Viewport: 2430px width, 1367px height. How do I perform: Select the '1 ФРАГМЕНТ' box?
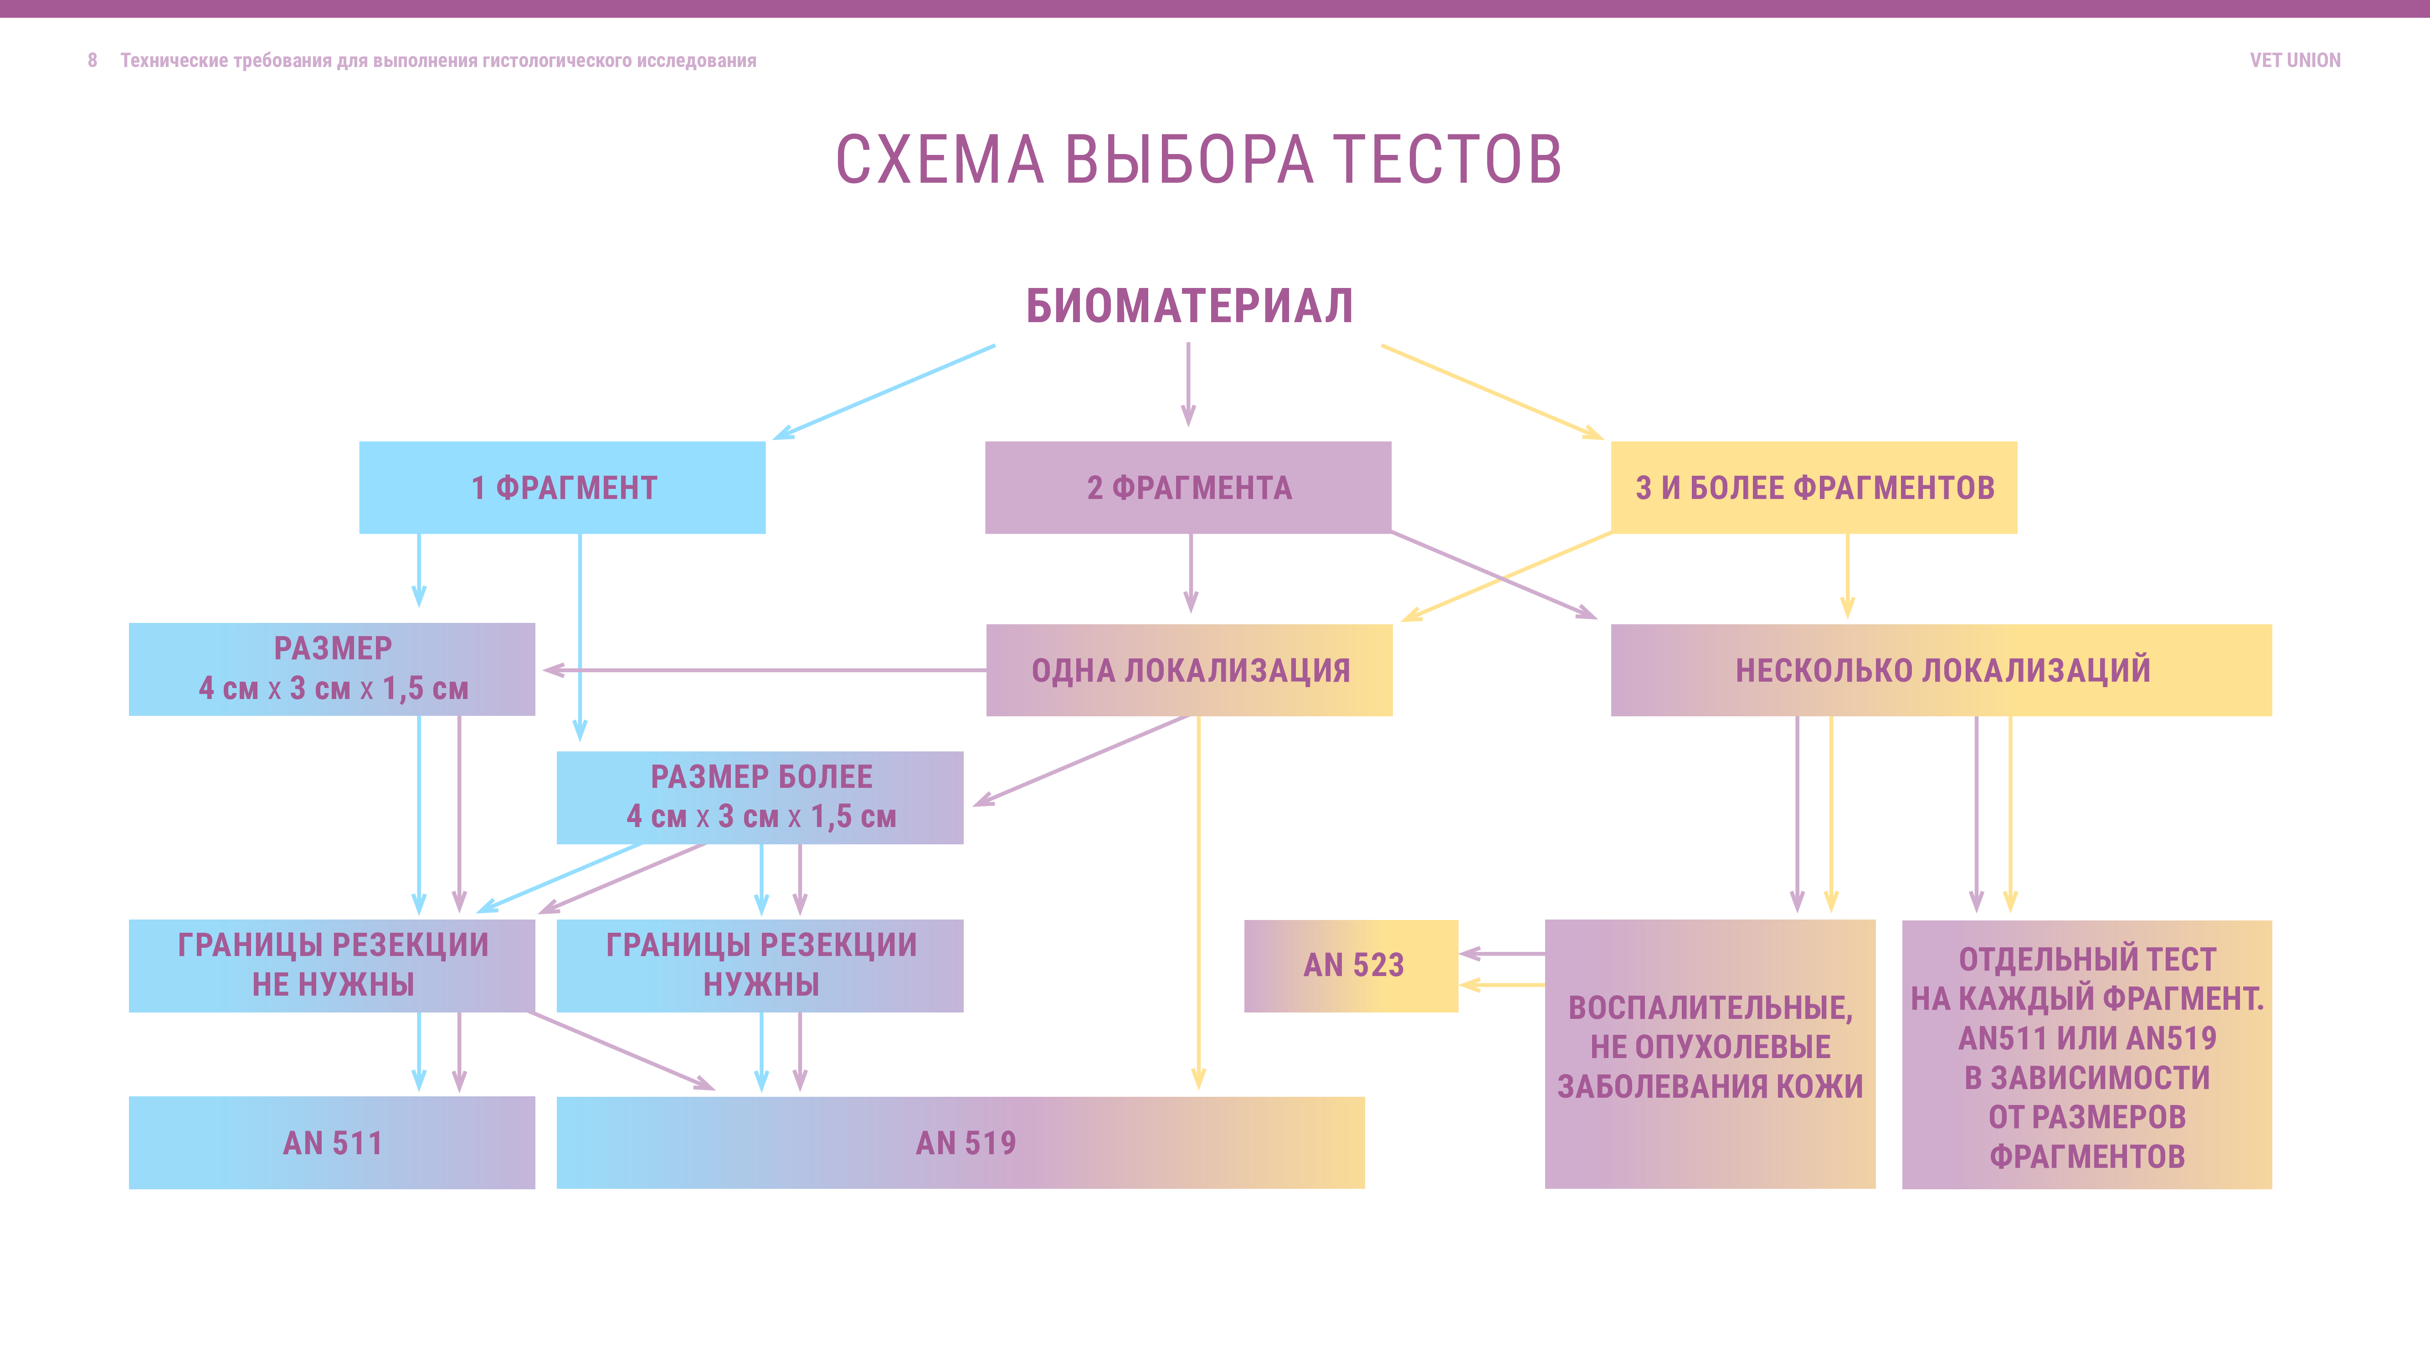pyautogui.click(x=562, y=488)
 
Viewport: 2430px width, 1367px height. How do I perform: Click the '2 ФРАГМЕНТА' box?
pyautogui.click(x=1187, y=488)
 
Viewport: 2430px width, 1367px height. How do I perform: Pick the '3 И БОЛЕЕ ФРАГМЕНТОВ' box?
pyautogui.click(x=1813, y=488)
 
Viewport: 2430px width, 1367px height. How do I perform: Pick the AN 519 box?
pyautogui.click(x=961, y=1142)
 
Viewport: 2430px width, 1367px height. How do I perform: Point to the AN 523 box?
pyautogui.click(x=1351, y=965)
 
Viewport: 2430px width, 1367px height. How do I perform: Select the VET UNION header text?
pyautogui.click(x=2294, y=61)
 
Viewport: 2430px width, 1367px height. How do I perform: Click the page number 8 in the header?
pyautogui.click(x=92, y=61)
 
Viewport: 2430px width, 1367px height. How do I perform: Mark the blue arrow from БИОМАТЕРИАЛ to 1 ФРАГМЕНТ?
pyautogui.click(x=884, y=391)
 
